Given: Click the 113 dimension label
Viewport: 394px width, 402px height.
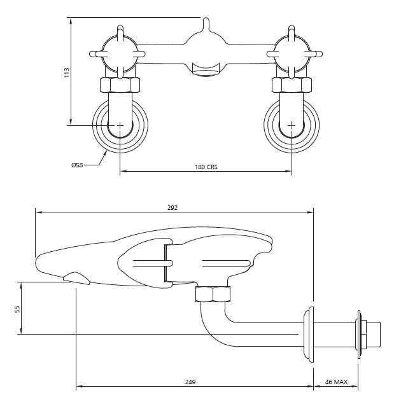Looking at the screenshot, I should point(67,72).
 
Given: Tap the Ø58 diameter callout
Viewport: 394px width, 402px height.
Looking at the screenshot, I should point(78,165).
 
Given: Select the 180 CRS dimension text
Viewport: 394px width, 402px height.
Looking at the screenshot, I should point(206,167).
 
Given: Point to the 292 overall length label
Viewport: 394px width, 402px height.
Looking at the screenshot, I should point(172,207).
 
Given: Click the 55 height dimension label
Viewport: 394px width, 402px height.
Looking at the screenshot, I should point(18,308).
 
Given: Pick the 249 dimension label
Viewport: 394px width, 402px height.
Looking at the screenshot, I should point(190,382).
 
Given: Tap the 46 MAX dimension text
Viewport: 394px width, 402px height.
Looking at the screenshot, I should point(336,382).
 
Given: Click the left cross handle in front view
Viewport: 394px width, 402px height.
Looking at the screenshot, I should point(119,53).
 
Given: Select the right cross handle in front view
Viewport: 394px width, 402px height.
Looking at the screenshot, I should point(292,53).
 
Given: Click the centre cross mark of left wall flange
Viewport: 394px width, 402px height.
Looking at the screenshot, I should point(120,126).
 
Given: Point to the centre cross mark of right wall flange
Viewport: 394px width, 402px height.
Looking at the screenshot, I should point(292,126).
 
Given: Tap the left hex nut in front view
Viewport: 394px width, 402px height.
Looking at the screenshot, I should point(120,85).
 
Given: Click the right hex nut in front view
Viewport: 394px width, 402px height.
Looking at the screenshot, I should point(292,85).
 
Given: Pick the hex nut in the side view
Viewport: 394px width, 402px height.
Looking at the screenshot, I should point(213,295).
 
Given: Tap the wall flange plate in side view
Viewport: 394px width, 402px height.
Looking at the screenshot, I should point(311,335).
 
